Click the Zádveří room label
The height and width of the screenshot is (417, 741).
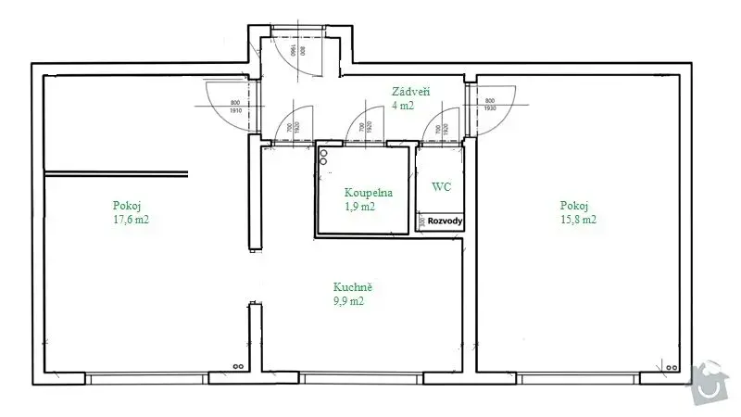409,91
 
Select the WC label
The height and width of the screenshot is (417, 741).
442,186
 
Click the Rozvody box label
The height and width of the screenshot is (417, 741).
446,221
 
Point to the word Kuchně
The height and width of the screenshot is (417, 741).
354,287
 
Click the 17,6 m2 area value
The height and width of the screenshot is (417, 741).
130,220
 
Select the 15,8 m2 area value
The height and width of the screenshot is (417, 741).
577,220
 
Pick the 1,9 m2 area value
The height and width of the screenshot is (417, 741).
360,207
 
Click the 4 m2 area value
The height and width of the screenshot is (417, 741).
402,106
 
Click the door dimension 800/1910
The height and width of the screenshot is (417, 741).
235,106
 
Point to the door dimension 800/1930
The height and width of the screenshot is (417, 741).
489,106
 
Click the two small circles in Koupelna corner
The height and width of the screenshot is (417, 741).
323,157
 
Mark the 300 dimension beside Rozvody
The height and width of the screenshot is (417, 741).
421,221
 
